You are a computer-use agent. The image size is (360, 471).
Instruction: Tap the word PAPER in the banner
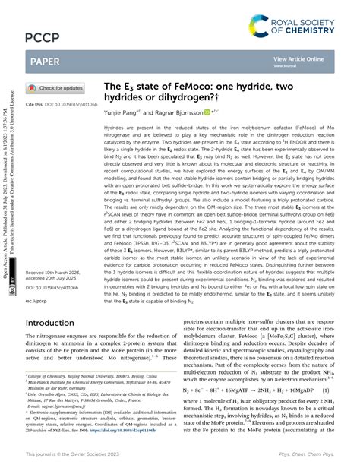coord(45,59)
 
